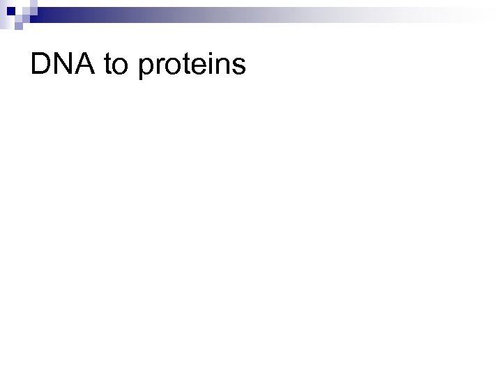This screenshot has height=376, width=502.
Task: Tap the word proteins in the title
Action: click(193, 67)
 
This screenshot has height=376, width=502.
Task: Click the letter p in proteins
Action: click(147, 70)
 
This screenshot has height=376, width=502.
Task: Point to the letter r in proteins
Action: click(160, 68)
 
